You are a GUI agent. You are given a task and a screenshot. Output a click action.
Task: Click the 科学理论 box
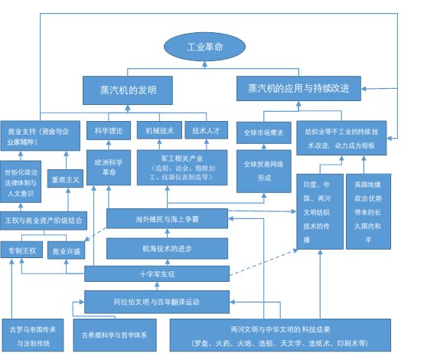(109, 130)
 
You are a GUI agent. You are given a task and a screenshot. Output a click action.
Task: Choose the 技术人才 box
(207, 130)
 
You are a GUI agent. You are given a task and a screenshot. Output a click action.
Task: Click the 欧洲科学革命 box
(109, 168)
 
